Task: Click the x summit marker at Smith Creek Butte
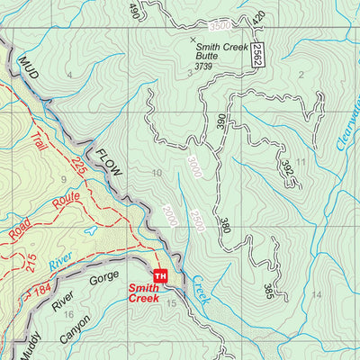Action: point(193,40)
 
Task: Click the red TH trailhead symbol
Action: point(161,274)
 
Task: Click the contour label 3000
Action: point(193,166)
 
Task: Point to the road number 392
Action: point(286,169)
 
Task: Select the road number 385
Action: point(268,291)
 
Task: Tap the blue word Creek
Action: point(198,297)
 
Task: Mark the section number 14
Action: point(316,294)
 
